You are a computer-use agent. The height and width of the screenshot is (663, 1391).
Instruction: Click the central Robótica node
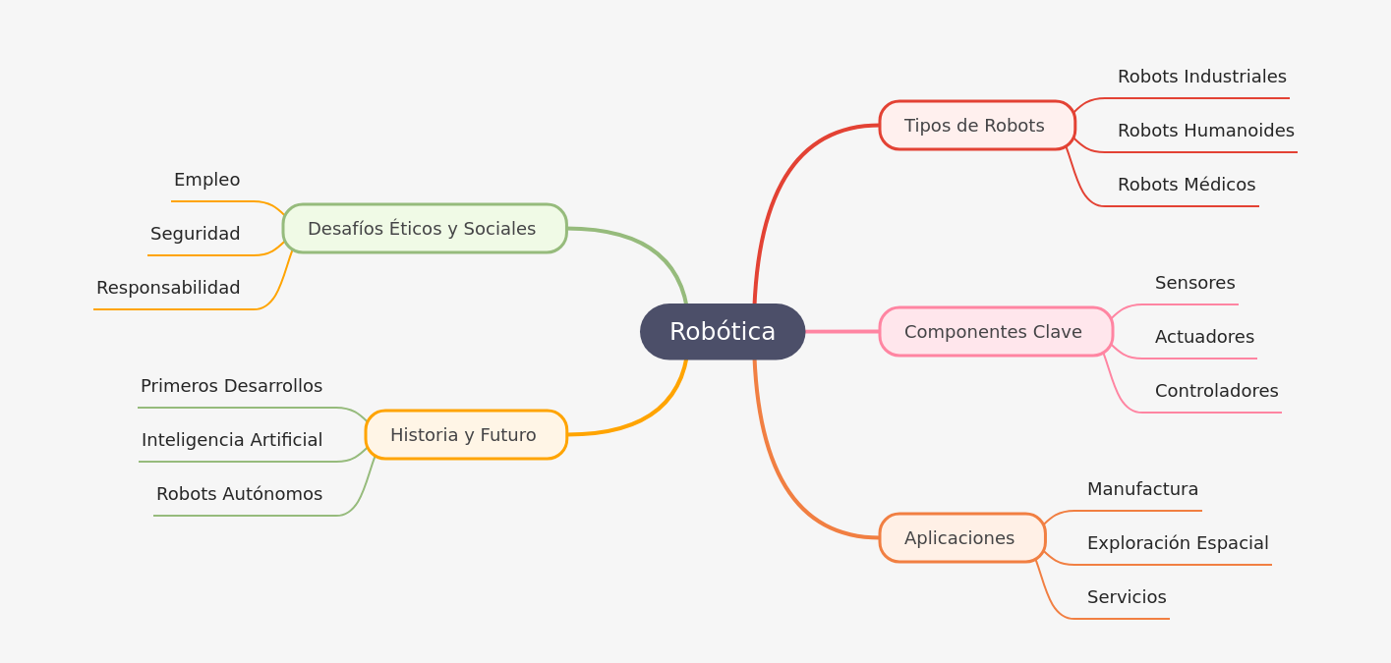(x=723, y=332)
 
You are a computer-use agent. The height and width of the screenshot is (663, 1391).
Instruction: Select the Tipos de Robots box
(x=977, y=126)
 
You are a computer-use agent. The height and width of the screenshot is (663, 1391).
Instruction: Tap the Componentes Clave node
(x=996, y=332)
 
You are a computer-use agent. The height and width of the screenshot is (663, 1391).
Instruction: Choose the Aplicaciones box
(x=962, y=538)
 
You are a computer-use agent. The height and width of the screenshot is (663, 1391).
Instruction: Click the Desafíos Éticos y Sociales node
(x=425, y=229)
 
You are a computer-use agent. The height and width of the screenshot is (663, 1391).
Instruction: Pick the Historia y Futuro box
(x=466, y=435)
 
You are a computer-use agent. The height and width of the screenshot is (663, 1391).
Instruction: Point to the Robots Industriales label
(x=1201, y=77)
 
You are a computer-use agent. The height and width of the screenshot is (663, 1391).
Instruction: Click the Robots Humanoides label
(x=1205, y=131)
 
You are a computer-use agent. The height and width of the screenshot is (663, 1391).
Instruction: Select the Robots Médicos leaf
(x=1186, y=185)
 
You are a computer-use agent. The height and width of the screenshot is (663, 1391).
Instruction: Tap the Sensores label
(x=1194, y=283)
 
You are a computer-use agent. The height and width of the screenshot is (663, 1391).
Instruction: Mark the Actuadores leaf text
(x=1204, y=337)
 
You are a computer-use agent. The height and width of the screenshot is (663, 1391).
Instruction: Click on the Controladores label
(x=1216, y=391)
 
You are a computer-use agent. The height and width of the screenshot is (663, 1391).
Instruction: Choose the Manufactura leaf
(x=1142, y=489)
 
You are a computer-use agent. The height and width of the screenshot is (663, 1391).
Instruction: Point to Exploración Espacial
(x=1177, y=543)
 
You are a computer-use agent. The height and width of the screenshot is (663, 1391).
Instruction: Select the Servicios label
(x=1127, y=597)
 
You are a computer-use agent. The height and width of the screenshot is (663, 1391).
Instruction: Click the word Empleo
(x=206, y=180)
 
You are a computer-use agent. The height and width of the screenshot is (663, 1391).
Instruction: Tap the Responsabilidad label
(x=168, y=288)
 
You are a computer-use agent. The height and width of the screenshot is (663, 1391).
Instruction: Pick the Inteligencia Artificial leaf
(x=232, y=440)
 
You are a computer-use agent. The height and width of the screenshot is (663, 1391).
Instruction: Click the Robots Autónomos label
(x=239, y=494)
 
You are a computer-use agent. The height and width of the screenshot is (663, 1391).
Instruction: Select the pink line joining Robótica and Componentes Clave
(x=842, y=332)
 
